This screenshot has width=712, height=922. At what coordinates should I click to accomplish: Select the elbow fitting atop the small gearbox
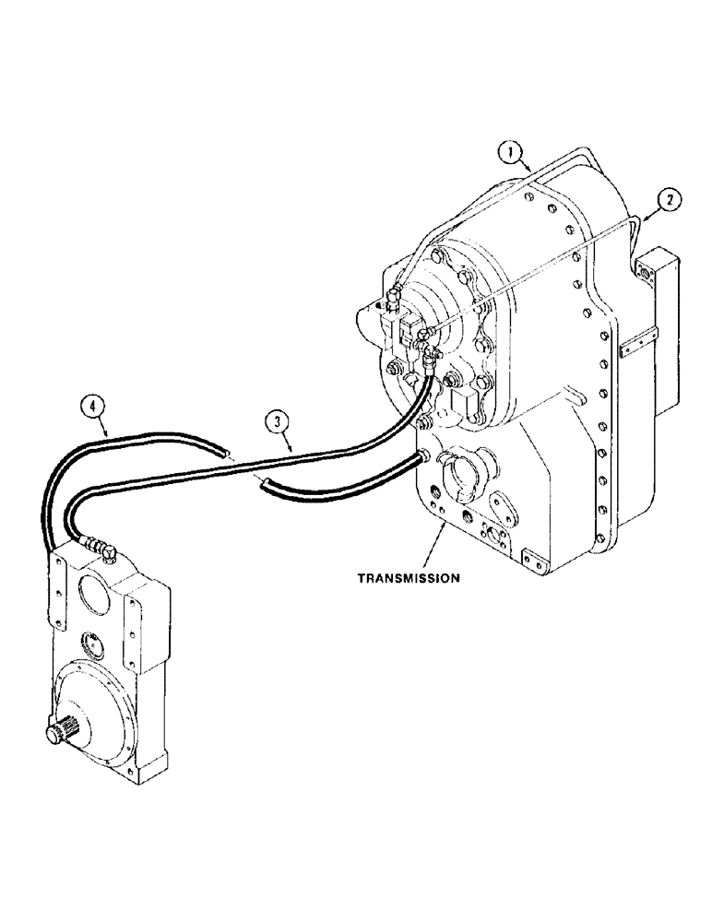[106, 550]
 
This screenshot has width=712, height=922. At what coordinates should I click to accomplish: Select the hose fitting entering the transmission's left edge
[424, 455]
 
